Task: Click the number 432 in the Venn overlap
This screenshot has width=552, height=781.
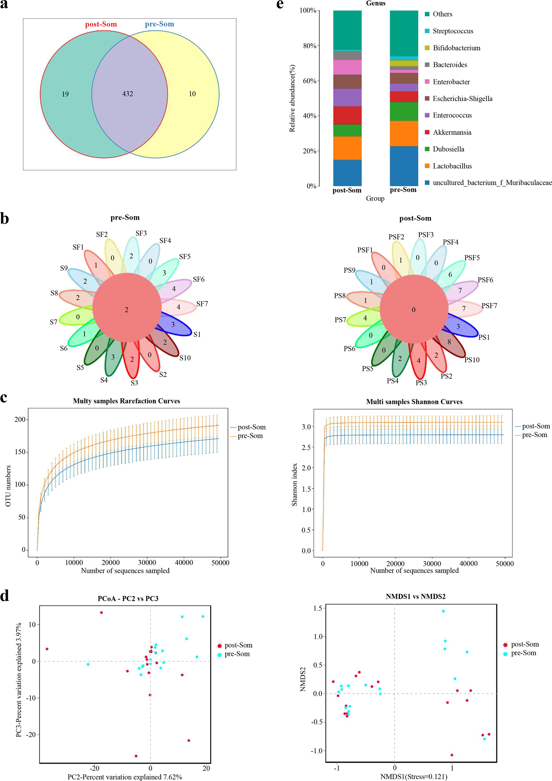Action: tap(128, 94)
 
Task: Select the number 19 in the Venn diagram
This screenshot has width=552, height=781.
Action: tap(65, 94)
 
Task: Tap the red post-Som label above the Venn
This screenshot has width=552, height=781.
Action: tap(101, 24)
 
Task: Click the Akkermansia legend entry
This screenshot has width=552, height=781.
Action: tap(452, 132)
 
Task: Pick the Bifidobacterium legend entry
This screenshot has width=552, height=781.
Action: tap(456, 48)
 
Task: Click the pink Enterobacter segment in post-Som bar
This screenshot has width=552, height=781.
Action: tap(347, 67)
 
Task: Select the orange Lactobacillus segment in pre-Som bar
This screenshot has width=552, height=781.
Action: tap(404, 133)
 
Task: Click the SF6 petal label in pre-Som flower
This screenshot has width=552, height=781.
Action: tap(198, 280)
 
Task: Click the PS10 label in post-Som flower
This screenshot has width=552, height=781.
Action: tap(472, 360)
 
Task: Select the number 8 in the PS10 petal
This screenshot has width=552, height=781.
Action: tap(449, 342)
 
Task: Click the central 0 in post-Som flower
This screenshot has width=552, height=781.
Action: tap(413, 310)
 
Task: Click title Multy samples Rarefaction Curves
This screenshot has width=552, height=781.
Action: tap(127, 401)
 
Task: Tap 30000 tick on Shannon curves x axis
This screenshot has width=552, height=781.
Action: tap(432, 563)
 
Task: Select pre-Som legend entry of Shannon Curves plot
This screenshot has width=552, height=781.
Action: tap(534, 435)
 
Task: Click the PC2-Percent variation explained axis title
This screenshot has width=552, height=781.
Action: tap(125, 777)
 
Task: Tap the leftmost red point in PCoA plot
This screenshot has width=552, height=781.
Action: tap(47, 649)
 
